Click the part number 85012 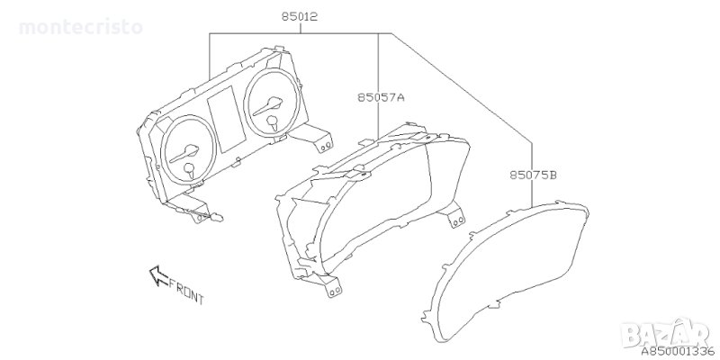tap(297, 17)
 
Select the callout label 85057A tap(379, 95)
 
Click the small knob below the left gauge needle tap(190, 168)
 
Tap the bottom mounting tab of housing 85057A tap(334, 287)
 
